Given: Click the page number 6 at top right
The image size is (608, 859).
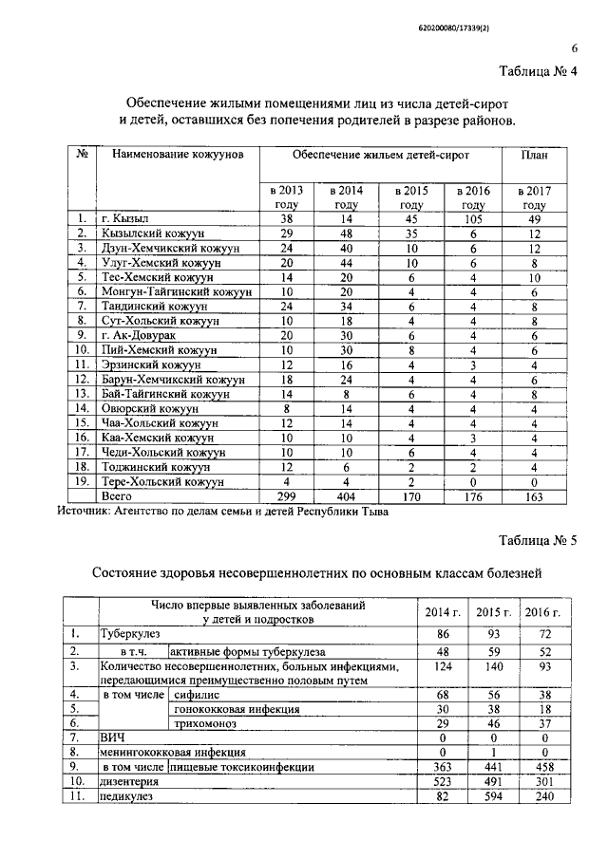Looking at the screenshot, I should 574,50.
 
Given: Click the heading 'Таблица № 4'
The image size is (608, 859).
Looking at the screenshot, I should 538,75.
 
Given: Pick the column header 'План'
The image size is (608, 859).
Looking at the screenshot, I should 534,154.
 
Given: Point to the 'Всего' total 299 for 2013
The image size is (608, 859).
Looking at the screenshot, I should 286,495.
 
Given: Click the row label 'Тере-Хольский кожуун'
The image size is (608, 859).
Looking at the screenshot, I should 163,481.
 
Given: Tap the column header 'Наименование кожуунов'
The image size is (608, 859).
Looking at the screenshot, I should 178,154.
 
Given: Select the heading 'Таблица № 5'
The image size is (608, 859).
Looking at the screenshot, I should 538,540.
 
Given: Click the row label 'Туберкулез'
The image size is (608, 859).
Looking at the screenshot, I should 131,632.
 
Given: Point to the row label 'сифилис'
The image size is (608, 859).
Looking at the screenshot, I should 191,695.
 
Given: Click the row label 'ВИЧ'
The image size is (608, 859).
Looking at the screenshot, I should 112,737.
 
